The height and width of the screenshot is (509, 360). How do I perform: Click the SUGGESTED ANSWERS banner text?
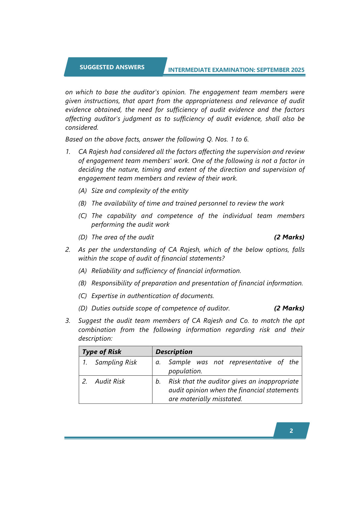coord(112,67)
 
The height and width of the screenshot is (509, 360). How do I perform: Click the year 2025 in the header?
coord(298,70)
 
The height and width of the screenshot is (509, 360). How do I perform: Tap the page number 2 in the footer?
coord(291,431)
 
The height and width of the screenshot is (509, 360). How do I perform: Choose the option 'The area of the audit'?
coord(122,237)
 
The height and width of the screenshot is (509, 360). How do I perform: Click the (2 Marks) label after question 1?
coord(289,237)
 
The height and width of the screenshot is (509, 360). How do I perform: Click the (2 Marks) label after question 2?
coord(289,308)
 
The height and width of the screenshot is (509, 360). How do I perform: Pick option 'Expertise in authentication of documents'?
coord(153,296)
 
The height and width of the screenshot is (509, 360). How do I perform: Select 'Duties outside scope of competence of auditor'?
coord(161,308)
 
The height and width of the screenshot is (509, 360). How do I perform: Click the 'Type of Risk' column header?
coord(102,352)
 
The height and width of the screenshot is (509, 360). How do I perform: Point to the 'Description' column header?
coord(174,352)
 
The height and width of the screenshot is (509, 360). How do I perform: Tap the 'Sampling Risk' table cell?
coord(116,362)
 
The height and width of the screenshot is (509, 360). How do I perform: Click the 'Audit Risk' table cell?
coord(110,381)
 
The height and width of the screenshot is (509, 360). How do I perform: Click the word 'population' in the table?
coord(185,371)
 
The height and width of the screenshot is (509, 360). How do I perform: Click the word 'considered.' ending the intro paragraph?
coord(82,128)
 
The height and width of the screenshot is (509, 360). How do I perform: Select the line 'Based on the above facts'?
coord(157,139)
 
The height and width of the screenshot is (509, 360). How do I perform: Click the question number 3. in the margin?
coord(68,321)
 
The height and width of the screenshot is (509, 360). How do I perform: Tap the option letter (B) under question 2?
coord(83,283)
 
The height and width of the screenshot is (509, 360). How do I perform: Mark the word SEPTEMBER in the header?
coord(273,70)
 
